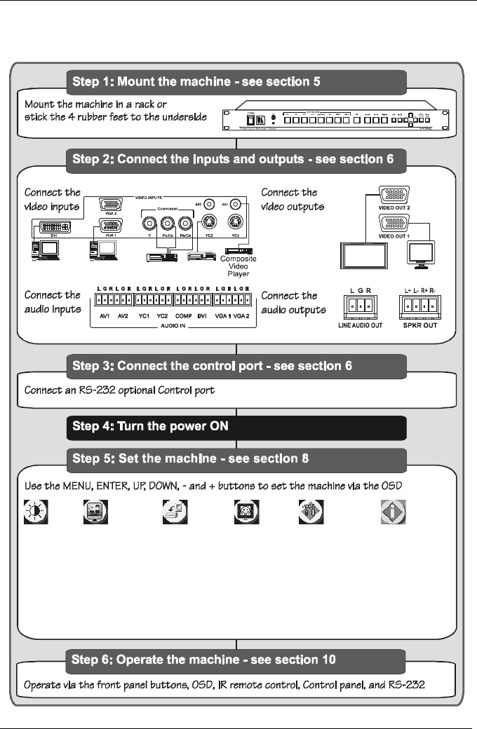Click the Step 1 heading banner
[236, 81]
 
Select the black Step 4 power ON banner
[236, 426]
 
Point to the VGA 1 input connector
[111, 226]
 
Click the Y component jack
[149, 225]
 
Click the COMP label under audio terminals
[182, 316]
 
